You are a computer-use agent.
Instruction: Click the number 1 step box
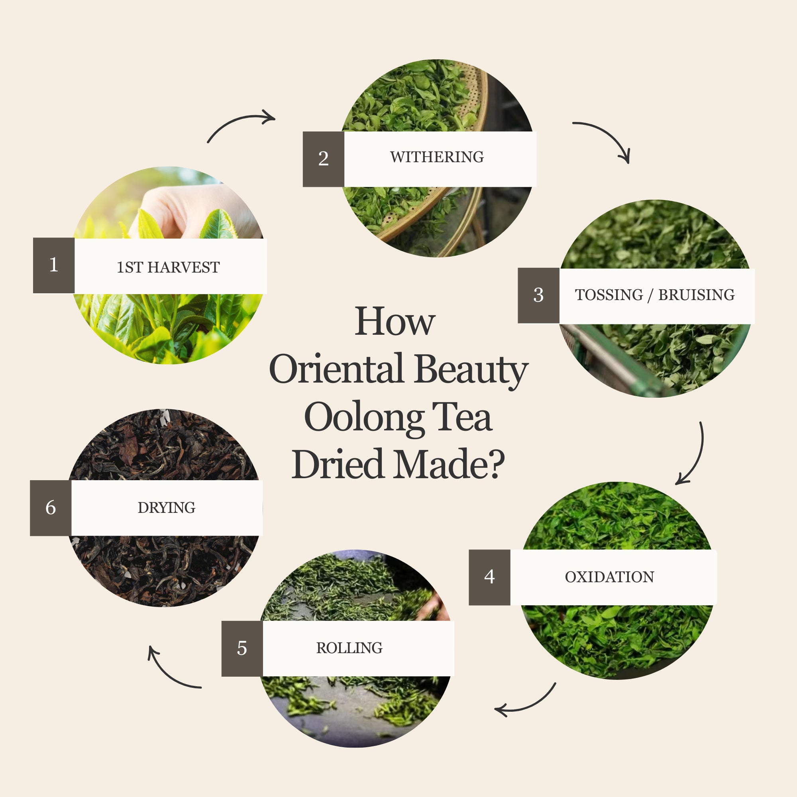pyautogui.click(x=54, y=265)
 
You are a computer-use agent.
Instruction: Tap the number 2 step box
pyautogui.click(x=324, y=159)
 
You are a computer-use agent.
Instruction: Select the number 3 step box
pyautogui.click(x=538, y=295)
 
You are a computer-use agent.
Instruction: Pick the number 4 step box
pyautogui.click(x=490, y=577)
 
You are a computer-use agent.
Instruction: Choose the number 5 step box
pyautogui.click(x=242, y=648)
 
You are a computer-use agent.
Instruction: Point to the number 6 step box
pyautogui.click(x=51, y=508)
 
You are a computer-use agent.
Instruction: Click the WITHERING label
pyautogui.click(x=437, y=157)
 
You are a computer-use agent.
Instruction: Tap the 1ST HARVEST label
pyautogui.click(x=168, y=267)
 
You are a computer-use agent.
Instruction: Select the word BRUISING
pyautogui.click(x=696, y=295)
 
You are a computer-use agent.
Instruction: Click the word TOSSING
pyautogui.click(x=609, y=295)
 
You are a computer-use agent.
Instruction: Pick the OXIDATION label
pyautogui.click(x=609, y=577)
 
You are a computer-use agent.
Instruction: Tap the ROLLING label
pyautogui.click(x=349, y=648)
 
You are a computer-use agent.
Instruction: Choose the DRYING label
pyautogui.click(x=167, y=508)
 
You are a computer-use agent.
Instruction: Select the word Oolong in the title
pyautogui.click(x=364, y=418)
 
